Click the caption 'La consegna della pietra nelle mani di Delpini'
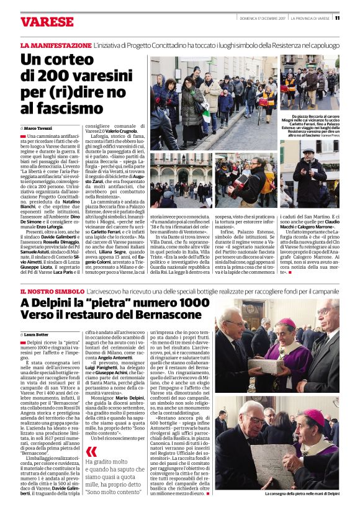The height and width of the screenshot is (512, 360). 302,493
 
